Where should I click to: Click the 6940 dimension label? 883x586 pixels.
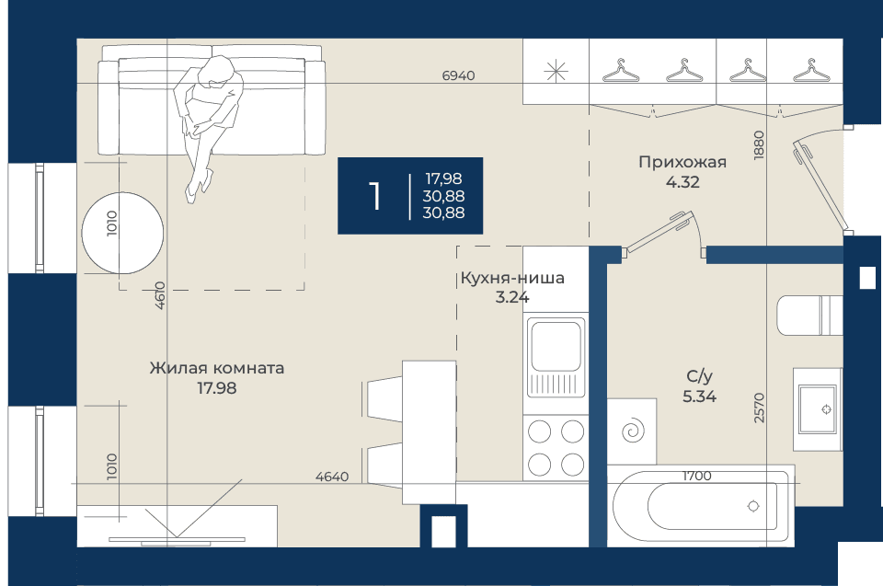(x=458, y=75)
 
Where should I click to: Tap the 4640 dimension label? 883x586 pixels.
(x=332, y=477)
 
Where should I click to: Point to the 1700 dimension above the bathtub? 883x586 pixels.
(x=696, y=477)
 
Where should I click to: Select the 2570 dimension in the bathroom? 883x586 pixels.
(x=759, y=408)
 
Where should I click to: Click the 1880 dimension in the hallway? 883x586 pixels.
(x=759, y=145)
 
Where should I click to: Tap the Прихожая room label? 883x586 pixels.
(x=682, y=162)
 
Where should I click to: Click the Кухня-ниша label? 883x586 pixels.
(x=512, y=278)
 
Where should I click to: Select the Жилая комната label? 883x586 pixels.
(x=217, y=369)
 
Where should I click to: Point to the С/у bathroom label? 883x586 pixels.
(x=699, y=376)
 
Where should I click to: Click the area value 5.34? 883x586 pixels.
(x=699, y=396)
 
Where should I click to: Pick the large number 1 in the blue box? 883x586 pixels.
(x=374, y=196)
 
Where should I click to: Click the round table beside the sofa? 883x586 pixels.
(x=122, y=233)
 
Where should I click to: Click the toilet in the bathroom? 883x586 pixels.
(x=809, y=315)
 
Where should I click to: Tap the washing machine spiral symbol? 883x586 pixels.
(x=633, y=431)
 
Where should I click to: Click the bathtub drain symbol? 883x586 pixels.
(x=753, y=506)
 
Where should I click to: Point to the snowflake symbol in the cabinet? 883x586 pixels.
(x=556, y=71)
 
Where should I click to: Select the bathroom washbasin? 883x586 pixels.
(x=818, y=409)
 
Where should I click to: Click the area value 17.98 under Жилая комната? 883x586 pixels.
(x=217, y=388)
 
